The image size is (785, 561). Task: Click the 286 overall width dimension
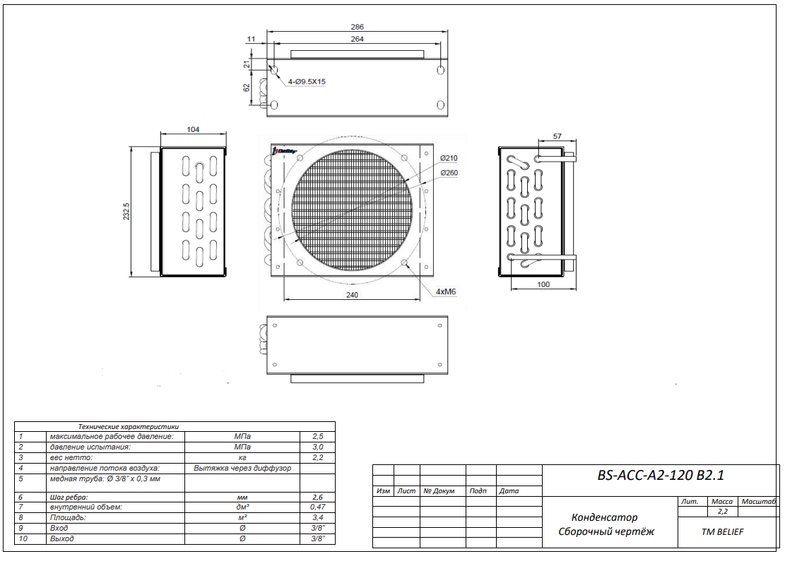pos(358,27)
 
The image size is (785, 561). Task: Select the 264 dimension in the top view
pos(358,40)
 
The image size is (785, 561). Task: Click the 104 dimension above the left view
pos(193,130)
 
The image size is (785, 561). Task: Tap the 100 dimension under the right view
pos(542,284)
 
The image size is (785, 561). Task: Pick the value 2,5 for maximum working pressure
pos(317,438)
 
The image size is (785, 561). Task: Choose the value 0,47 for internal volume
pos(317,507)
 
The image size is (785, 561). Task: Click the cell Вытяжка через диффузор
pos(242,468)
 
